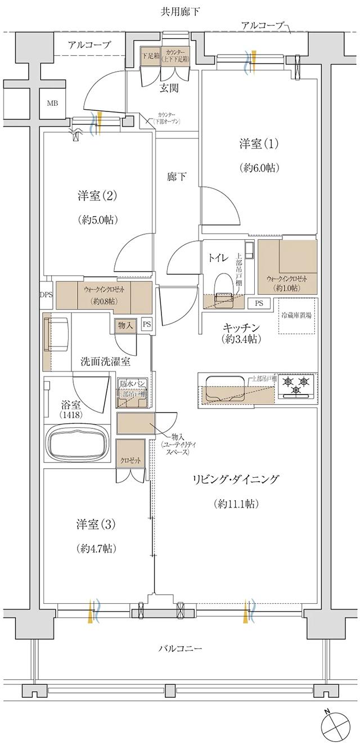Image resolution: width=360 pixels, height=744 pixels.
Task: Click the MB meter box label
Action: pyautogui.click(x=52, y=104)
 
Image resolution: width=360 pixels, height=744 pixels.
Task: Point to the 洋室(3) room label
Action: pyautogui.click(x=96, y=525)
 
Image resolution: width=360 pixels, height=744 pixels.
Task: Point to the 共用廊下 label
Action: pyautogui.click(x=179, y=11)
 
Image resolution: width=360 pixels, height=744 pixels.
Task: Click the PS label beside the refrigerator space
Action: pyautogui.click(x=259, y=303)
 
